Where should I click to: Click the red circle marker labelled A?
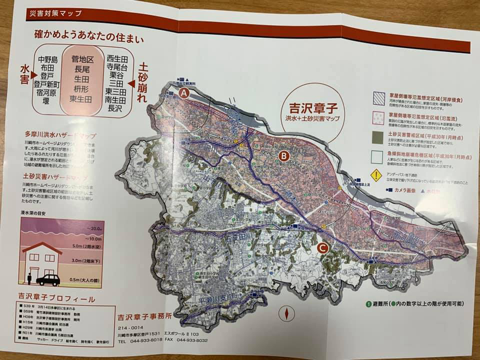184,93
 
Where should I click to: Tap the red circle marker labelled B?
283,156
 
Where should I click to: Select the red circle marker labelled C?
323,246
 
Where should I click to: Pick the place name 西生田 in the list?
118,57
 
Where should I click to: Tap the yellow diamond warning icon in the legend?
375,175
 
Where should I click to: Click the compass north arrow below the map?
287,312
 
